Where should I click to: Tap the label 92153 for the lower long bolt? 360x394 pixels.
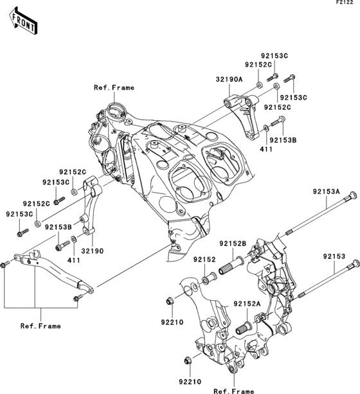pyautogui.click(x=334, y=256)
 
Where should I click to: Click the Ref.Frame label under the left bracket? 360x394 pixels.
pyautogui.click(x=40, y=326)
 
